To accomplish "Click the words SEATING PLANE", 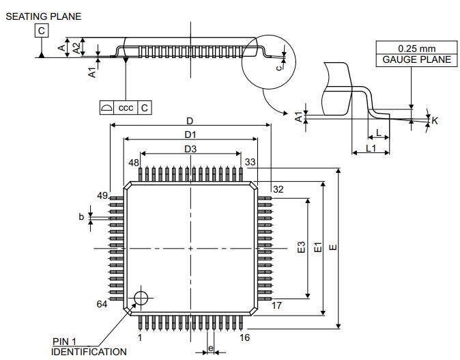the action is pyautogui.click(x=44, y=16).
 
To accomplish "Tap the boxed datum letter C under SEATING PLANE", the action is pyautogui.click(x=42, y=31).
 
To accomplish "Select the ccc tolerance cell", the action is pyautogui.click(x=126, y=108).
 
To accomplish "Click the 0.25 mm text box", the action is pyautogui.click(x=416, y=48).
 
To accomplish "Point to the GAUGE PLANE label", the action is pyautogui.click(x=416, y=60).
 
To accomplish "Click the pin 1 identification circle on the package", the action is pyautogui.click(x=141, y=299).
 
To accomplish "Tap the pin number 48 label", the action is pyautogui.click(x=134, y=163).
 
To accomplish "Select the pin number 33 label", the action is pyautogui.click(x=250, y=162).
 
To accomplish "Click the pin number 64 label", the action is pyautogui.click(x=102, y=304).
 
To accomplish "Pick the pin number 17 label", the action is pyautogui.click(x=276, y=305).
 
